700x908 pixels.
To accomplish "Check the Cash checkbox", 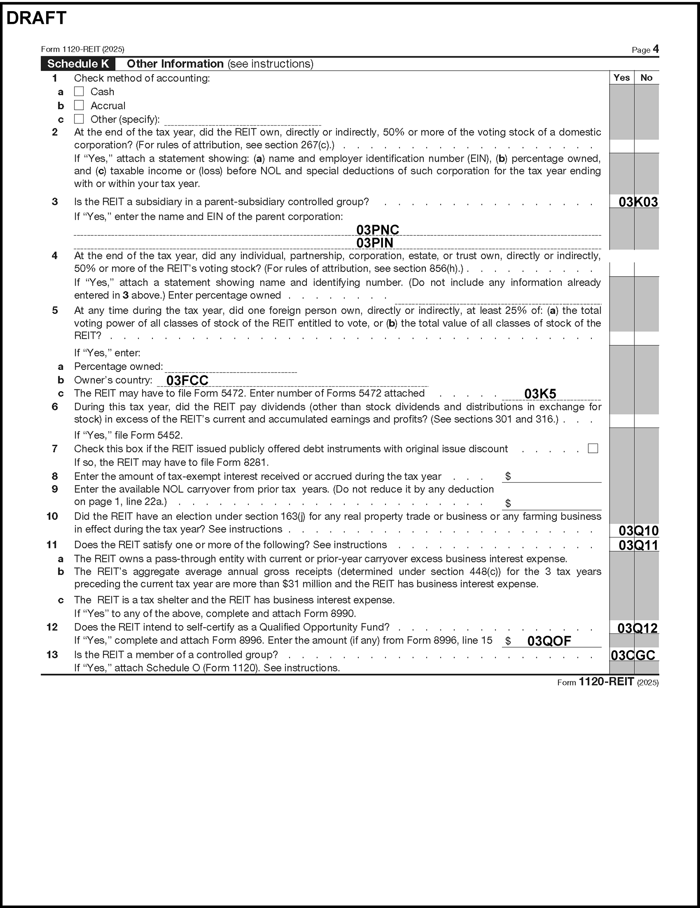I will (79, 91).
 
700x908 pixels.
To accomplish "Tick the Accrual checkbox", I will (79, 105).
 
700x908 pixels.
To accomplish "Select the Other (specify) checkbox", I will (79, 119).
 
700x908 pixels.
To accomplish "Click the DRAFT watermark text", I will (36, 18).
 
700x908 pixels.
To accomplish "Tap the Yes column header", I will (621, 78).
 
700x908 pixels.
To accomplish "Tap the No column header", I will (646, 78).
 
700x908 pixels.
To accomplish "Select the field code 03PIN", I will (374, 243).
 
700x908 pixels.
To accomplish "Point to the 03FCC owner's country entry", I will (187, 380).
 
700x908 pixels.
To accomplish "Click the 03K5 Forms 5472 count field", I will (540, 394).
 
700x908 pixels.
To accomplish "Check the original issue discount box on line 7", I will (593, 448).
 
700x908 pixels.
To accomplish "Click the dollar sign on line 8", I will (508, 476).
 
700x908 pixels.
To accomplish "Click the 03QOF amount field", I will (549, 641).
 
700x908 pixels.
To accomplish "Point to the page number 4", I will (655, 49).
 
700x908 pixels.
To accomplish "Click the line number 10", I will (52, 516).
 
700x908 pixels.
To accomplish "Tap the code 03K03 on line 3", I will (638, 202).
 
